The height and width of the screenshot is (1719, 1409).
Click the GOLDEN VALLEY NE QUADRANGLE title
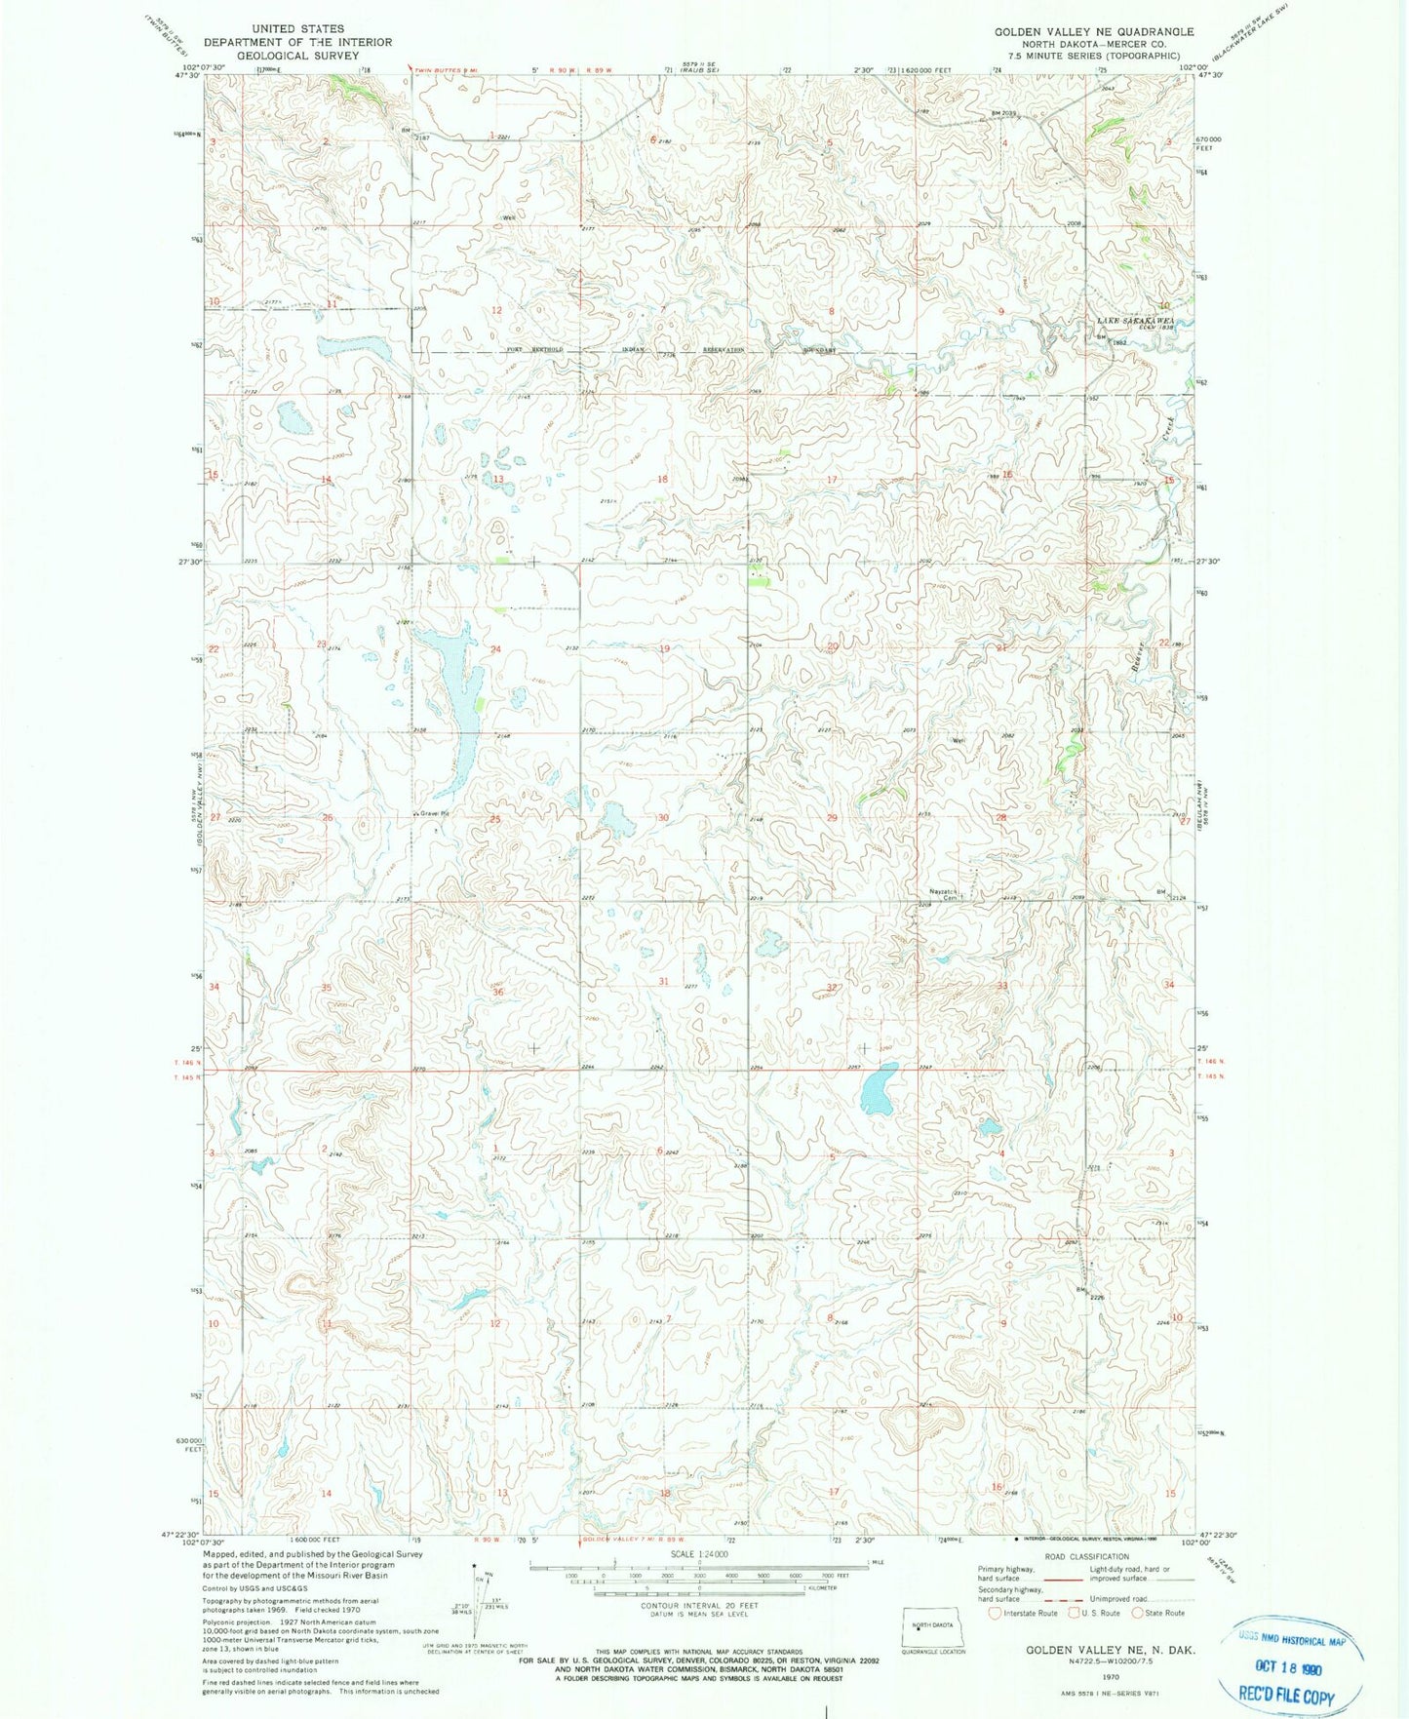pos(1094,32)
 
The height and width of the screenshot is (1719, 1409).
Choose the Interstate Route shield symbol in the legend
pos(995,1613)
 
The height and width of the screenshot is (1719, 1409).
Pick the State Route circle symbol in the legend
pos(1136,1613)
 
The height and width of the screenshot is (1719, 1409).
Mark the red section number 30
pos(663,817)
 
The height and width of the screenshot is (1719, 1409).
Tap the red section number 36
pos(497,992)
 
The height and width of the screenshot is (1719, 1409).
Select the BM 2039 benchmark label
pos(1003,113)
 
